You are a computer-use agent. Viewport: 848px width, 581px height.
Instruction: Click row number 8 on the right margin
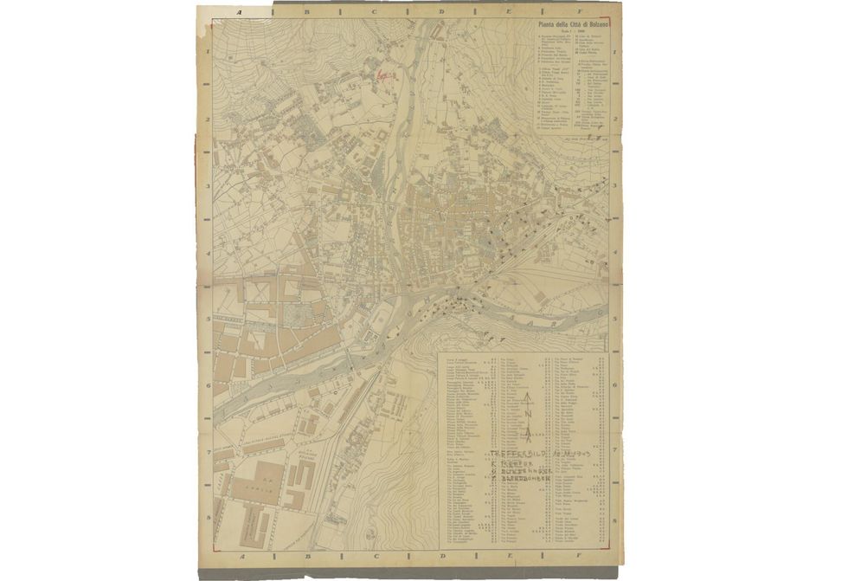[x=614, y=519]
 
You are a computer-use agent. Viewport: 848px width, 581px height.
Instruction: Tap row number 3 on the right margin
[x=614, y=184]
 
